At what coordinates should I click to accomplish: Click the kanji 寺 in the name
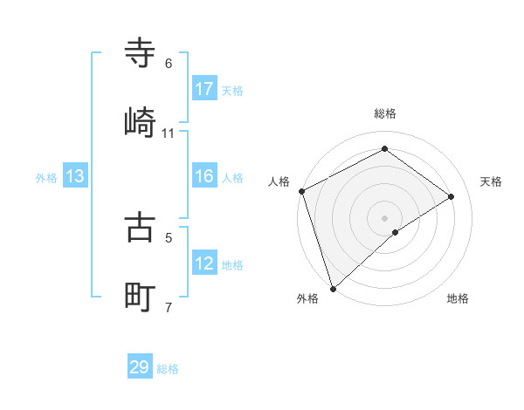[x=141, y=53]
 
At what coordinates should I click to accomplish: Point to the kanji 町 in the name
[x=141, y=297]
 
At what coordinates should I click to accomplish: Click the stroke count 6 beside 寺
[x=169, y=64]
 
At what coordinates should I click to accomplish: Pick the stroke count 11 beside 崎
[x=169, y=133]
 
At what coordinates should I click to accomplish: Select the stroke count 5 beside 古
[x=169, y=236]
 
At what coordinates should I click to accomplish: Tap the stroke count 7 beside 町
[x=169, y=307]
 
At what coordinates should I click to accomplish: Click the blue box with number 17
[x=204, y=89]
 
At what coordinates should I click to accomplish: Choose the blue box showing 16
[x=204, y=177]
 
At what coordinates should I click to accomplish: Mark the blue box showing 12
[x=204, y=263]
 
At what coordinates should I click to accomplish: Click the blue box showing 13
[x=75, y=177]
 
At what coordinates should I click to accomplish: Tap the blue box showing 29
[x=140, y=367]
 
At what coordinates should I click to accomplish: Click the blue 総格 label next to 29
[x=168, y=369]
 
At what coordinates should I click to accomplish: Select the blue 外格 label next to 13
[x=46, y=178]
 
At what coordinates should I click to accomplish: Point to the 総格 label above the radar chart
[x=384, y=113]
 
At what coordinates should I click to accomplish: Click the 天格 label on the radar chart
[x=492, y=181]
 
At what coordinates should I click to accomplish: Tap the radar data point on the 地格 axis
[x=396, y=232]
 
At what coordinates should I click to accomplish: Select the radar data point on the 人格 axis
[x=301, y=191]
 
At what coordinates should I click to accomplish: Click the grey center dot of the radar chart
[x=384, y=217]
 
